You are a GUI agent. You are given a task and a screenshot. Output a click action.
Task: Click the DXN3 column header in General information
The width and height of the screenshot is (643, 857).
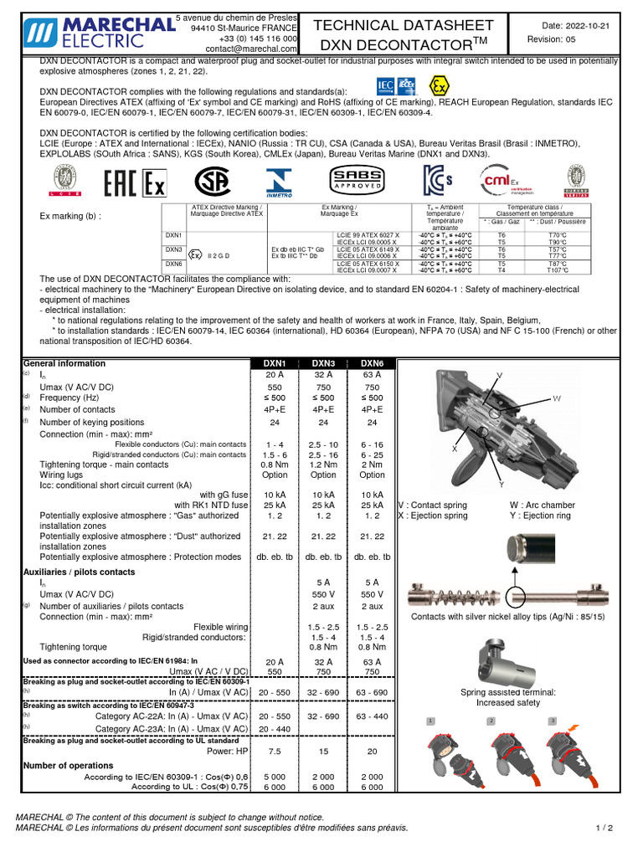(x=323, y=363)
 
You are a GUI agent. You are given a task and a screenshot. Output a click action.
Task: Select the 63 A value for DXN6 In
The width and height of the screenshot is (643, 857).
(x=372, y=375)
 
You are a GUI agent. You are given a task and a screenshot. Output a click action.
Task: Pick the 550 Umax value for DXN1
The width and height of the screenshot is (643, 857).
(x=275, y=387)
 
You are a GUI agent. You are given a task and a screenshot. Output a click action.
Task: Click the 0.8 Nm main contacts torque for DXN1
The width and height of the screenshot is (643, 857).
(x=275, y=464)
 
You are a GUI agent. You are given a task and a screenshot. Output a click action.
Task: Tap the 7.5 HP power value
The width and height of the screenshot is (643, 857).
(x=275, y=752)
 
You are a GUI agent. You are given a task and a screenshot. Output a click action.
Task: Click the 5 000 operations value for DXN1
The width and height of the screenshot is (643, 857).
(x=275, y=777)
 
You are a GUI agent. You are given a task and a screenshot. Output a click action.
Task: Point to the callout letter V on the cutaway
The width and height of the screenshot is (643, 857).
(x=500, y=374)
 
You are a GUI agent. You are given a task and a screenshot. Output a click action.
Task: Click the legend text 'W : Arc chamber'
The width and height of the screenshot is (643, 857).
(x=543, y=505)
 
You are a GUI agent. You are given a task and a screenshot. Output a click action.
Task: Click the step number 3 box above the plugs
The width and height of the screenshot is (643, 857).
(x=553, y=721)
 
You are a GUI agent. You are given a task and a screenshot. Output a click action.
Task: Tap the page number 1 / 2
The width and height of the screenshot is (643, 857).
(x=604, y=828)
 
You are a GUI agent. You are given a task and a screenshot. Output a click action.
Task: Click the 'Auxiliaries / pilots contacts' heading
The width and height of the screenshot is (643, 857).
(x=79, y=572)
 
